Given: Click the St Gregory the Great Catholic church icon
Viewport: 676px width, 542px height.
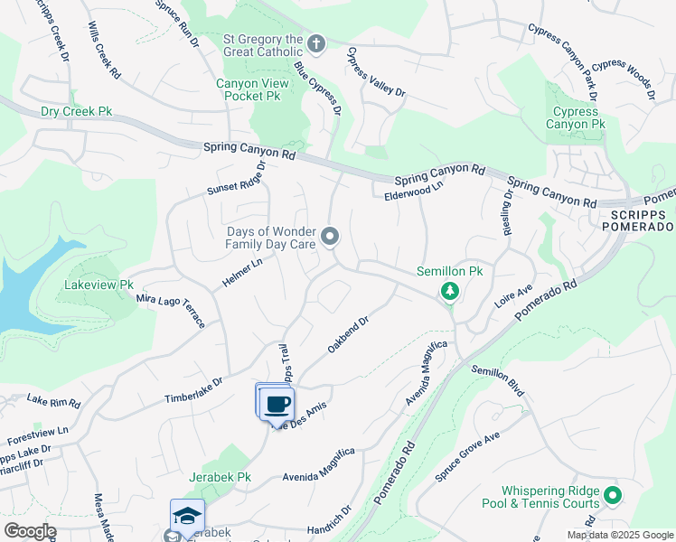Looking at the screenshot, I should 316,42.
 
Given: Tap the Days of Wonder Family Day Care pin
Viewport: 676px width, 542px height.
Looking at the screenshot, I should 331,237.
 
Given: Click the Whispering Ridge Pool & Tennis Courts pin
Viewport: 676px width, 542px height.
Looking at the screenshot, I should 612,494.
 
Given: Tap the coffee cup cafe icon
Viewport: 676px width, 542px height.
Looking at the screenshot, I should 277,404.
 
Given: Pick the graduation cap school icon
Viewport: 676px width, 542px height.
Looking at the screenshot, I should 188,516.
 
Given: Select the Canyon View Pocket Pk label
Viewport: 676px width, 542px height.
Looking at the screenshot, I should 252,89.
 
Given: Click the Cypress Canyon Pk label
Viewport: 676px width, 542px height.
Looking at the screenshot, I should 577,117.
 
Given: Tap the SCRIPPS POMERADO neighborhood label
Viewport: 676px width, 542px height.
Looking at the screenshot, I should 638,220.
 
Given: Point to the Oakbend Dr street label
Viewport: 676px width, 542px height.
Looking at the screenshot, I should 349,334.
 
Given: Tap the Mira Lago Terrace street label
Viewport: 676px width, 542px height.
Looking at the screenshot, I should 172,310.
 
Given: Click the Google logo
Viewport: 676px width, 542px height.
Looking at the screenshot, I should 30,530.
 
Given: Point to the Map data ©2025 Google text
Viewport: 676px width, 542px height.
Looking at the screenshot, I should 619,535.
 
